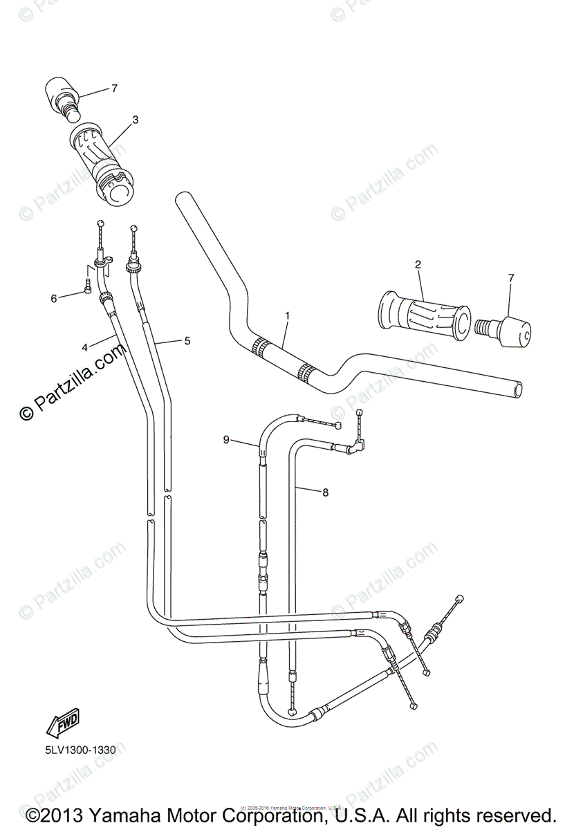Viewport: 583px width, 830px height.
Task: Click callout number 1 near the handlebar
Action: [x=287, y=315]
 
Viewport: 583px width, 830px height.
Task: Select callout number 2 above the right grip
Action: [x=418, y=264]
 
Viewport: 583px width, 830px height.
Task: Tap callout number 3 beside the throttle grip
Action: [x=135, y=120]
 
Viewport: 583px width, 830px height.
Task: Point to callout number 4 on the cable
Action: [x=84, y=347]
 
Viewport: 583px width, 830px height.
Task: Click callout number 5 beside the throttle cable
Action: [x=186, y=340]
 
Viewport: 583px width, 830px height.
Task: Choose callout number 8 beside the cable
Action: [x=325, y=492]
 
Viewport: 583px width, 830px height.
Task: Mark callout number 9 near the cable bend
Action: [x=225, y=439]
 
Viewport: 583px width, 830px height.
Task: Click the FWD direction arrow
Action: [x=62, y=723]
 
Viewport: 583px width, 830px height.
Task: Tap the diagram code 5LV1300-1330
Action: [x=77, y=749]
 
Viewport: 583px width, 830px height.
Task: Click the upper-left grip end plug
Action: [x=64, y=96]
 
